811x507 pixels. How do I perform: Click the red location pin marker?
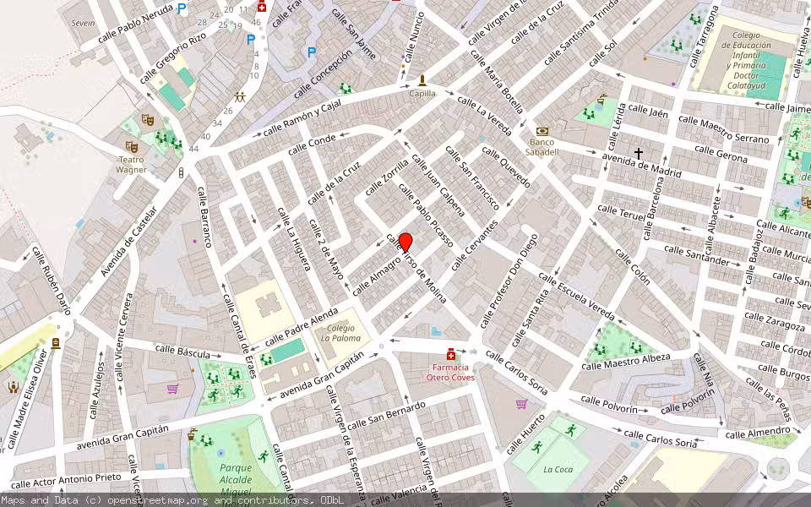coord(405,242)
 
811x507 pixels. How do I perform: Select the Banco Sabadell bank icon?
coord(542,132)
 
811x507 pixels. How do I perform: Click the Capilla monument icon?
coord(422,80)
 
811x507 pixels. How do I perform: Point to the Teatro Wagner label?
coord(131,165)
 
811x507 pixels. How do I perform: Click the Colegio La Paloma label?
coord(340,333)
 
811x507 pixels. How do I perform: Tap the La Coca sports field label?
coord(558,469)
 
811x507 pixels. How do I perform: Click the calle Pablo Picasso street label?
coord(426,216)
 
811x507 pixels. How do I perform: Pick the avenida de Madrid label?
coord(641,164)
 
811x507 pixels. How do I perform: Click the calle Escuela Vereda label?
coord(576,296)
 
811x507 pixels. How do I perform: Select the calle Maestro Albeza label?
coord(626,361)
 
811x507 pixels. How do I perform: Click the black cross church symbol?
coord(639,153)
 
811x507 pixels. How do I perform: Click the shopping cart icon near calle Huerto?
coord(521,404)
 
